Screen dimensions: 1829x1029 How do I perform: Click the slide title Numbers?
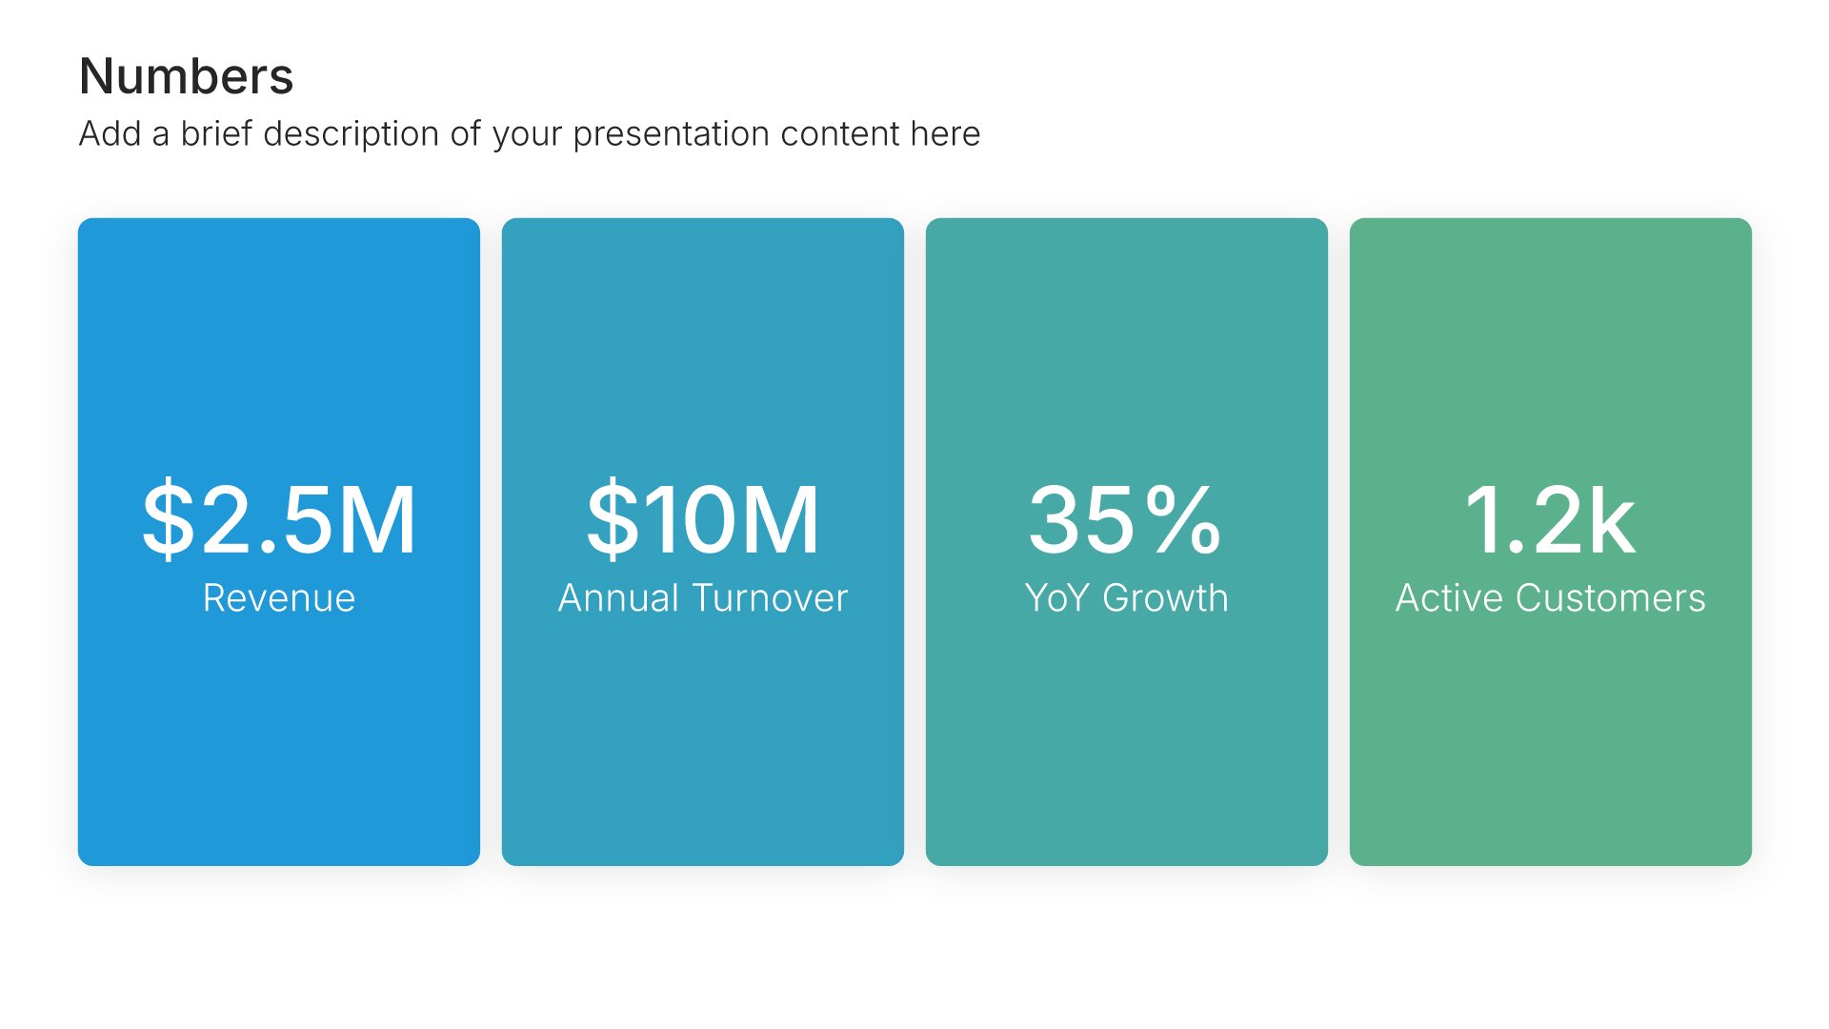[x=187, y=76]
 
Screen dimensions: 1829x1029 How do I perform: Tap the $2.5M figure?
[x=279, y=519]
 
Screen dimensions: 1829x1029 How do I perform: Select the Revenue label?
[x=279, y=598]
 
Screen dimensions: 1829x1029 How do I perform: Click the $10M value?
[x=703, y=519]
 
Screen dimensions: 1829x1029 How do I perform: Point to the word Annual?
[x=618, y=598]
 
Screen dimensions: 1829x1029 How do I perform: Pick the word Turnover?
[x=770, y=598]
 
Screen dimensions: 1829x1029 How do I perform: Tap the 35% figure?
[x=1126, y=519]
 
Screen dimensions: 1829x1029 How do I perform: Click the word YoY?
[x=1056, y=598]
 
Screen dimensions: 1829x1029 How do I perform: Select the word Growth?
[x=1165, y=598]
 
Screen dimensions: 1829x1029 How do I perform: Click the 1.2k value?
[x=1550, y=519]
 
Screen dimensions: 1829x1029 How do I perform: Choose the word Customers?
[x=1611, y=598]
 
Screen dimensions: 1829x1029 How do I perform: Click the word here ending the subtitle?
[x=945, y=133]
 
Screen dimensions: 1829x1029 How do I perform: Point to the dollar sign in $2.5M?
[x=168, y=519]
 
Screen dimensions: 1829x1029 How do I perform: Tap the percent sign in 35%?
[x=1182, y=519]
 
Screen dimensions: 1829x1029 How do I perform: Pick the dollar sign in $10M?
[x=613, y=519]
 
